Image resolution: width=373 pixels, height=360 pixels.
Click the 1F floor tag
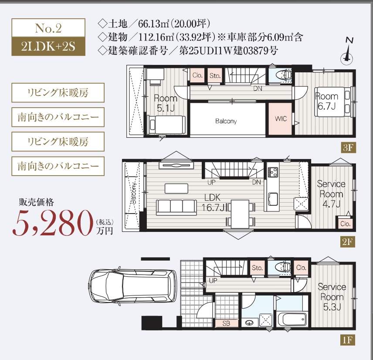348,338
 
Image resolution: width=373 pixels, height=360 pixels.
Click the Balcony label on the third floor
226,121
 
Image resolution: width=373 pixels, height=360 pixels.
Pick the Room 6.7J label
326,100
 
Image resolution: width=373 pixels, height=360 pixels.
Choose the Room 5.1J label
165,102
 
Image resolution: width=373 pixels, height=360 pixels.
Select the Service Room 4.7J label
331,194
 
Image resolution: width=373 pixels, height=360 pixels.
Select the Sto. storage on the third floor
215,75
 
